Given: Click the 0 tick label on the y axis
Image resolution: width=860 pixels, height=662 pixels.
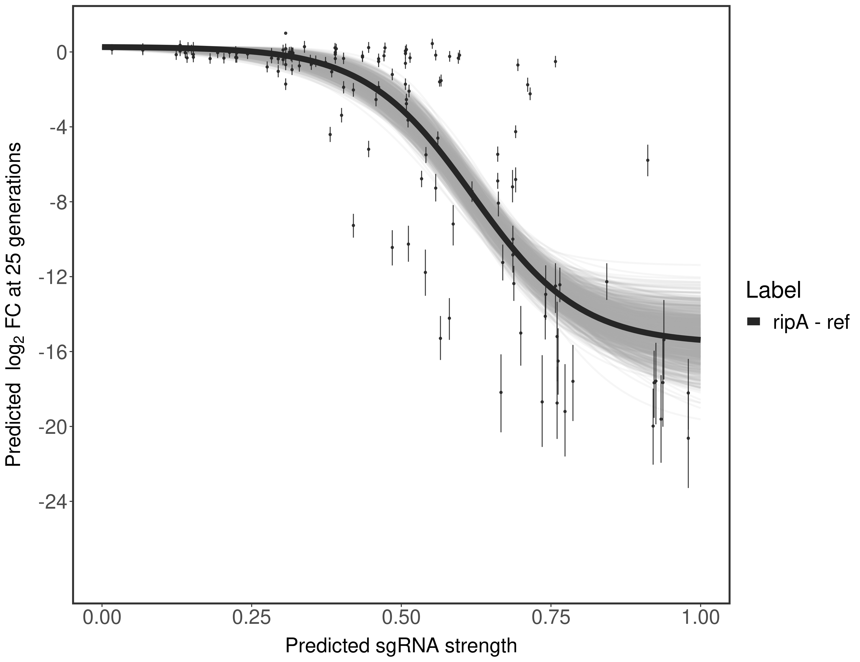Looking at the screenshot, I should pos(62,53).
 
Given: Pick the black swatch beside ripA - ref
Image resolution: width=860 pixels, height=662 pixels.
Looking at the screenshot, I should pos(753,322).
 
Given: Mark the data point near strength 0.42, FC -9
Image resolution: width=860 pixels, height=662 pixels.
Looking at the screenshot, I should pos(353,225).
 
